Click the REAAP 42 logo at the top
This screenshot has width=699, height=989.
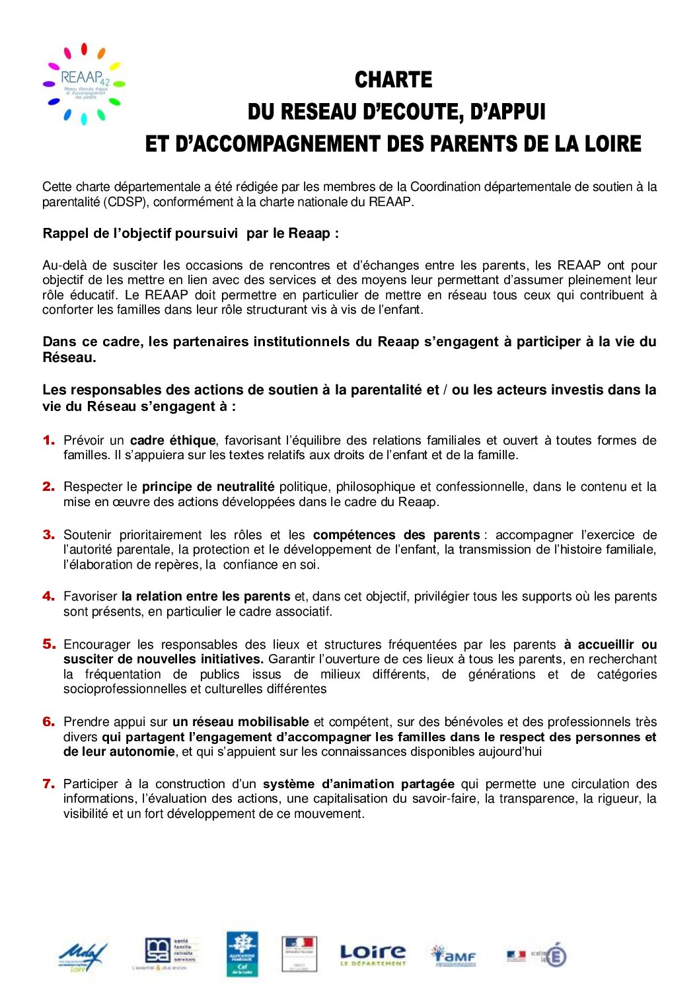pos(84,84)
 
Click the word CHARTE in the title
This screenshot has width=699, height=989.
pos(393,80)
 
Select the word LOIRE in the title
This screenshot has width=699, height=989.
pos(613,143)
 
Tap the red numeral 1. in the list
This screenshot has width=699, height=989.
pos(49,440)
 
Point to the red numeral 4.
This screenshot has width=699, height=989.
pos(49,596)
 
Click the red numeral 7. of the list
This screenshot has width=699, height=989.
pos(49,784)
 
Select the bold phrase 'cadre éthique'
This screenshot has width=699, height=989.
pos(172,440)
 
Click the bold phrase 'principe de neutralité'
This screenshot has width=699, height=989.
pos(208,487)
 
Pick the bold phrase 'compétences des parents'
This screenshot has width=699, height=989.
pos(396,534)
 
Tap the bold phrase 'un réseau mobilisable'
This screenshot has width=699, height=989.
pos(240,721)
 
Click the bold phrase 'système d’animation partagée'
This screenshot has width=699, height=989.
pos(358,784)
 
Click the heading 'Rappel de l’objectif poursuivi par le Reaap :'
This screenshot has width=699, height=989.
pos(190,233)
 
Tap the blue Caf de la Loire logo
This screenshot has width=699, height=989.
pos(242,954)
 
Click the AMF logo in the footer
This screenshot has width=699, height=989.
pos(453,955)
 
